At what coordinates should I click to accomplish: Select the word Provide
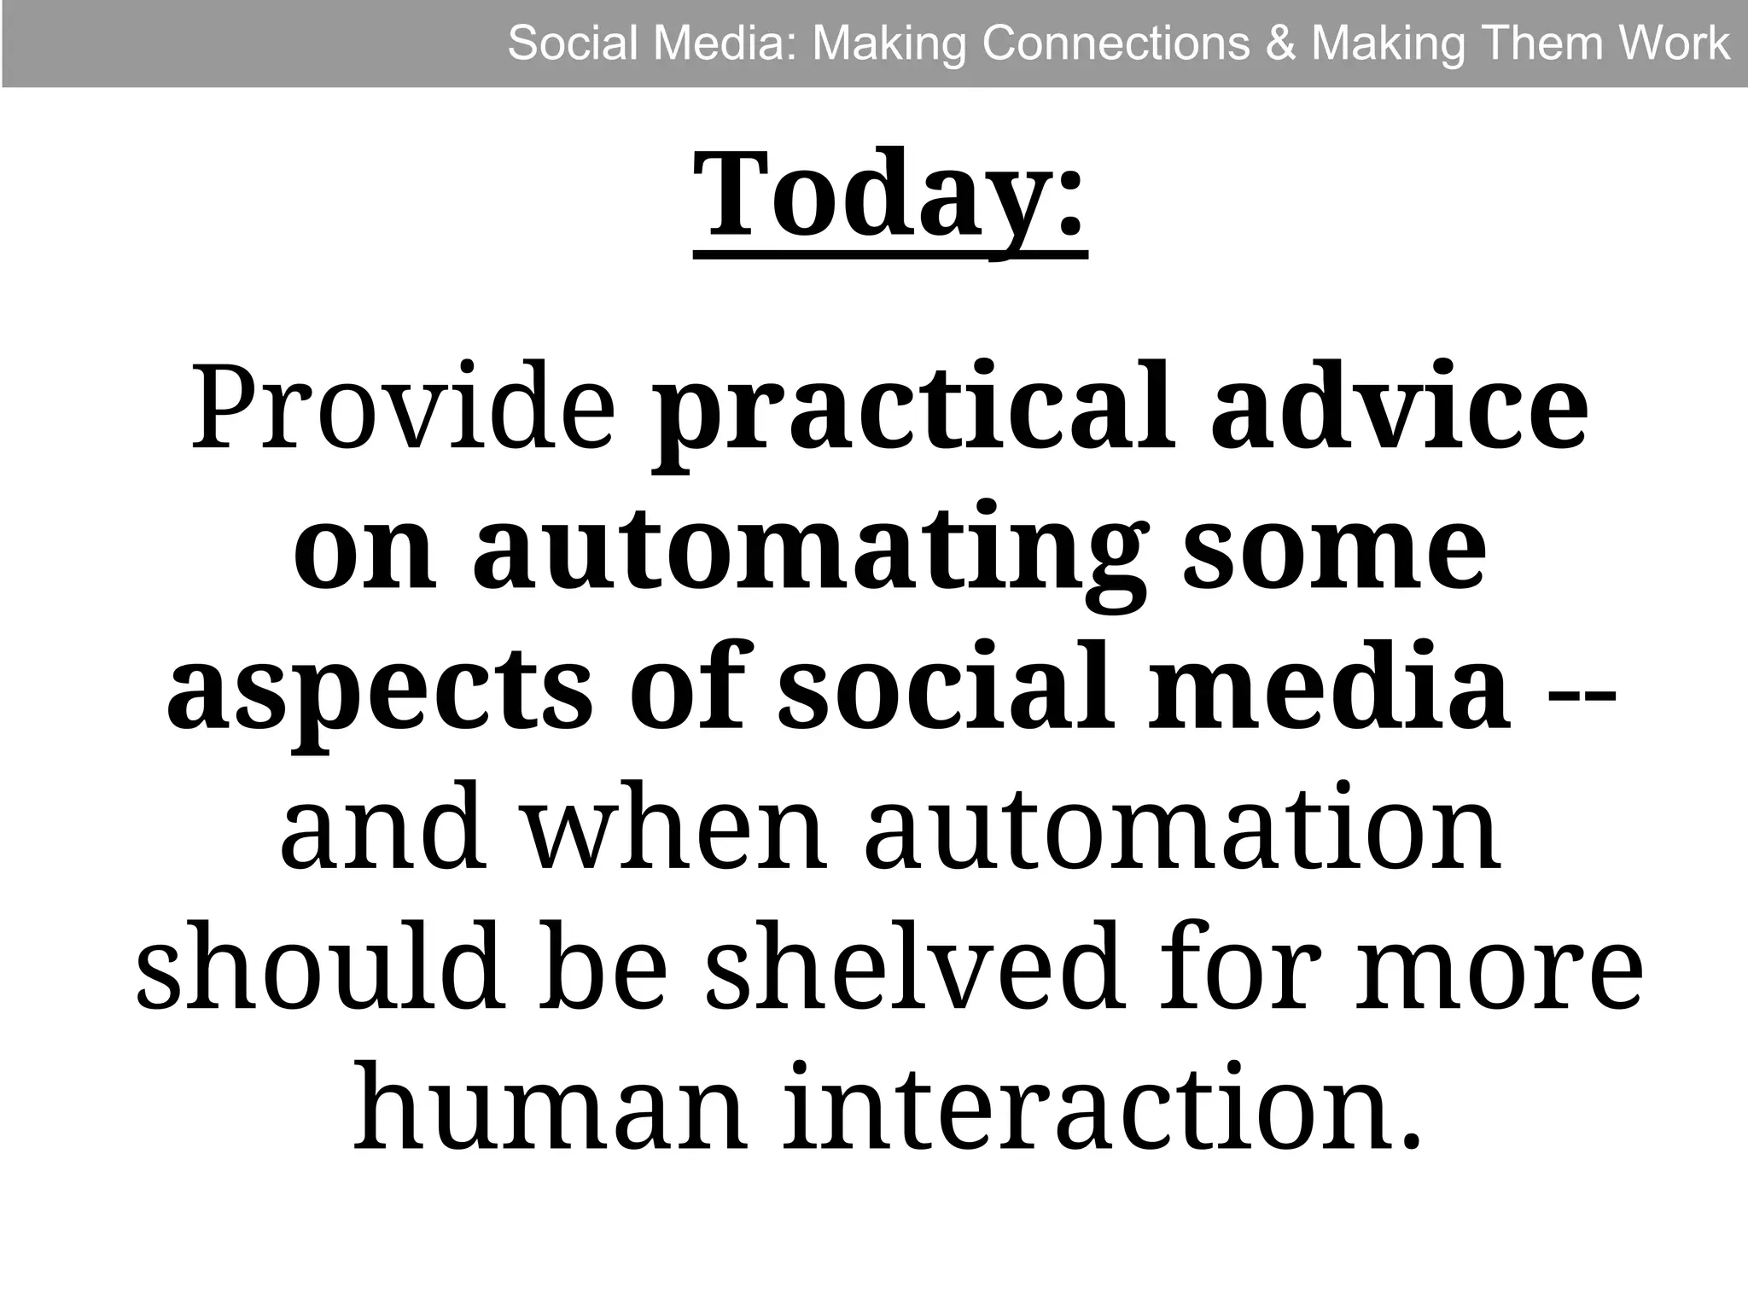(403, 407)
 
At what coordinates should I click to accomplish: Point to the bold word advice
(1400, 407)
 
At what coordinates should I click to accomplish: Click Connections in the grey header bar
(1116, 43)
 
